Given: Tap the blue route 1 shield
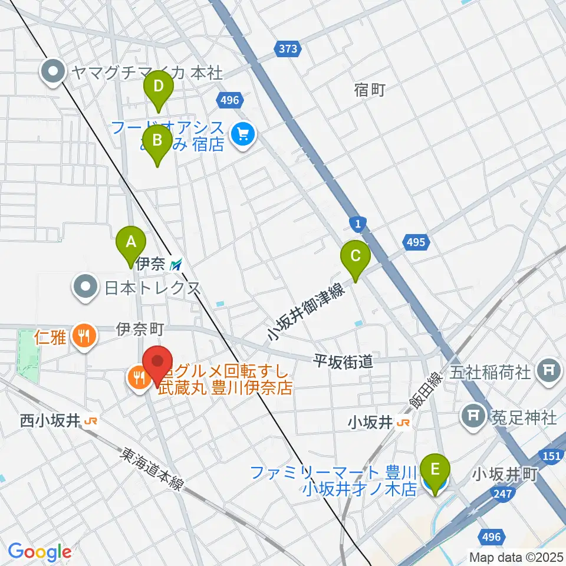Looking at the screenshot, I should pos(358,223).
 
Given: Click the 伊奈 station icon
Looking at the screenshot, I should pos(176,265).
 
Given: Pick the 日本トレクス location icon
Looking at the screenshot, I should pos(86,288).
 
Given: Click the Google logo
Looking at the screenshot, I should pos(40,552).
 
